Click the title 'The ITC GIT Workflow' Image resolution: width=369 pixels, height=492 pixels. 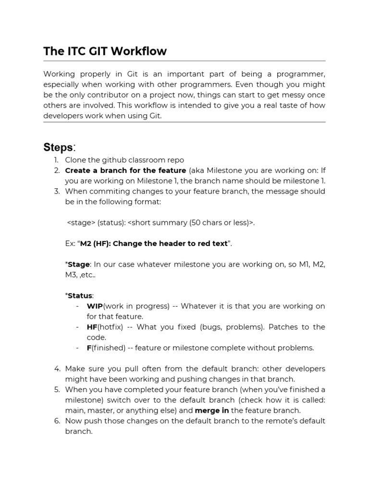105,51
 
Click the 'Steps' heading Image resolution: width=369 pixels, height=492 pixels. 59,147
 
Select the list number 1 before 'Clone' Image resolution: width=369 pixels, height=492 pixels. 56,160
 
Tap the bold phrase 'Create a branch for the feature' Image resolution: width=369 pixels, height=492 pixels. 125,171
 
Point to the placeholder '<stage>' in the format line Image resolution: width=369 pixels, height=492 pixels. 81,222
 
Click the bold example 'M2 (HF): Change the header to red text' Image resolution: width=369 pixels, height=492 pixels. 154,244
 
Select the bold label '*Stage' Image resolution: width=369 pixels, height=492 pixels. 77,264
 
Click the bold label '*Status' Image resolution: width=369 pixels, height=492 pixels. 79,295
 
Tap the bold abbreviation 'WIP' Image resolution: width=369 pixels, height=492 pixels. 95,306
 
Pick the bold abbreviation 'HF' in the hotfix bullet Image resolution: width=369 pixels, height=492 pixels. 92,327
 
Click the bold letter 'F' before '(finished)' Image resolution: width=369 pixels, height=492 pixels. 89,348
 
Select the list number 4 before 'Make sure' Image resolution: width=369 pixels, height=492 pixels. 57,369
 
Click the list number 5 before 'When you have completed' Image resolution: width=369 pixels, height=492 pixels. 57,390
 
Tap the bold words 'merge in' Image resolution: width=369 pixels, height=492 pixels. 211,410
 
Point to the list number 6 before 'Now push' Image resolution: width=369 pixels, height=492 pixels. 57,421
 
